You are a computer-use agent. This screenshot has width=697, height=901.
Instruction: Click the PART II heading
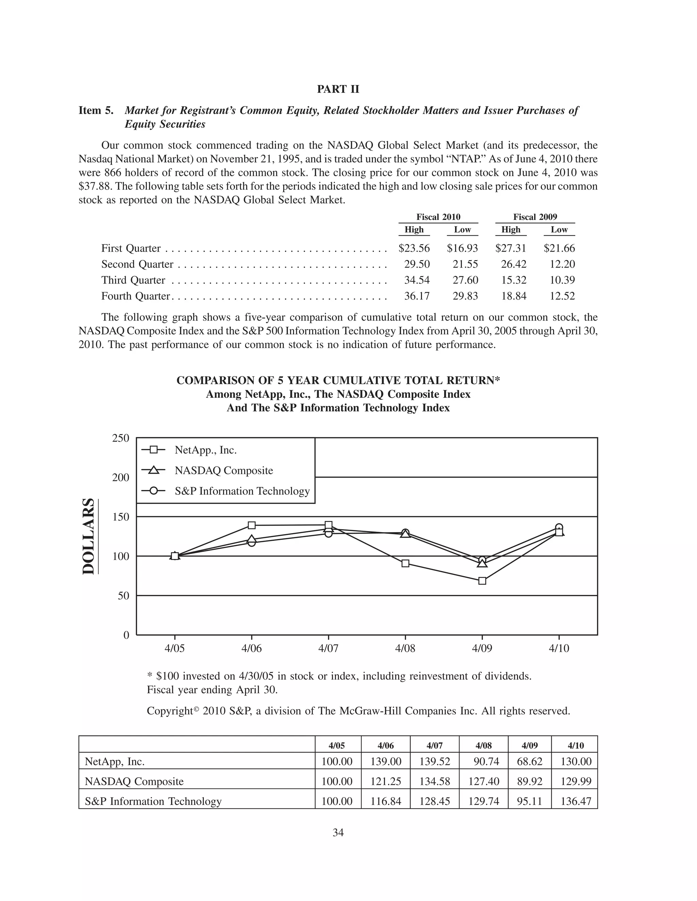(x=338, y=89)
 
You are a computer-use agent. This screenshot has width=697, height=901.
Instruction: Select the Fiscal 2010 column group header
(x=438, y=217)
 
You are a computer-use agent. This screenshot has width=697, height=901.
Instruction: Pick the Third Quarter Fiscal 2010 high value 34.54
(x=417, y=280)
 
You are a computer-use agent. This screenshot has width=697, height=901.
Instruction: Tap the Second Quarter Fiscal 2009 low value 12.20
(x=562, y=264)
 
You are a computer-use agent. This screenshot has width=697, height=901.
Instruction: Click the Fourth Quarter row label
(x=135, y=296)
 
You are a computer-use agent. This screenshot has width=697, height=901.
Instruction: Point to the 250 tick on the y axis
(x=120, y=438)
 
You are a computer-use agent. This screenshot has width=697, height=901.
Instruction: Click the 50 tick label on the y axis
(x=123, y=596)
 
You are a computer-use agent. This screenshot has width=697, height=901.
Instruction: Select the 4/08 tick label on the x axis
(x=405, y=648)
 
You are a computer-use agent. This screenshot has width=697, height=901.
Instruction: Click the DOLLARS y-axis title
(x=88, y=536)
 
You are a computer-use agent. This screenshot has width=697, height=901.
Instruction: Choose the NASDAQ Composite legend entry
(x=223, y=471)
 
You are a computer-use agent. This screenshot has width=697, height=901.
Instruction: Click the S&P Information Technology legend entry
(x=242, y=491)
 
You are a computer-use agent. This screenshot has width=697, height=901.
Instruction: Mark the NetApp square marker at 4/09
(x=482, y=581)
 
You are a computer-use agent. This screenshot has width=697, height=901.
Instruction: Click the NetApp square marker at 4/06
(x=252, y=525)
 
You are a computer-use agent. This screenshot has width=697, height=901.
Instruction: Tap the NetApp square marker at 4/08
(x=405, y=563)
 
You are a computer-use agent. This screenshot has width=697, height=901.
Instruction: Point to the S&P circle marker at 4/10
(x=559, y=527)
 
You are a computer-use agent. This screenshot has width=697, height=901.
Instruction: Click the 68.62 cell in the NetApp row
(x=529, y=762)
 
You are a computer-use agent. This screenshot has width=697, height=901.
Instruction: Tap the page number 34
(x=338, y=833)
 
